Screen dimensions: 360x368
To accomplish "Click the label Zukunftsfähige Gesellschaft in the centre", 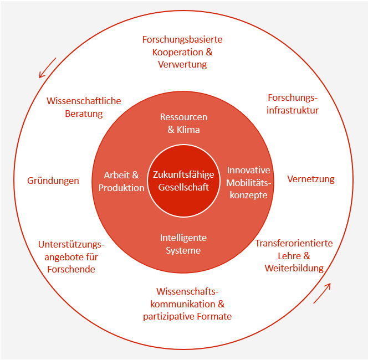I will point(183,181).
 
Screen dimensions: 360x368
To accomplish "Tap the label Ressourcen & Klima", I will point(183,123).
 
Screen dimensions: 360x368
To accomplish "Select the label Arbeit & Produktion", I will point(121,181).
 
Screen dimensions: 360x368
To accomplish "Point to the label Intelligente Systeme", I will point(183,244).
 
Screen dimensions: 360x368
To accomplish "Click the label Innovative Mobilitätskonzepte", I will point(248,182).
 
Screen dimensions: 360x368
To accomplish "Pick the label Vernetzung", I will point(311,179).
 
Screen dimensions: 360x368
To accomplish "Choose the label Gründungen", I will point(53,181).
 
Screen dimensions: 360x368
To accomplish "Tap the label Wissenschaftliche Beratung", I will point(84,107).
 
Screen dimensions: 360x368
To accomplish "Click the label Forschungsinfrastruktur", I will point(293,104).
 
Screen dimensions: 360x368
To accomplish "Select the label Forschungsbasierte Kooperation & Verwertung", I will point(182,52).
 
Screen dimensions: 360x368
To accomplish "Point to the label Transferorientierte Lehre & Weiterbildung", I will point(294,256).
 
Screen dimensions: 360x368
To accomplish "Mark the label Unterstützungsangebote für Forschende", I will point(71,256).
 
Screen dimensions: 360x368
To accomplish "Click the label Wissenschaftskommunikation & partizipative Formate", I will point(187,304).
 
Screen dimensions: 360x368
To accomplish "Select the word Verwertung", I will point(182,64).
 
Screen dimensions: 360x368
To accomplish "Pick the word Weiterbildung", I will point(294,269).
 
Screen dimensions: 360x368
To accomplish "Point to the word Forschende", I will point(71,269).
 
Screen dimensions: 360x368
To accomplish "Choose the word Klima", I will point(189,129).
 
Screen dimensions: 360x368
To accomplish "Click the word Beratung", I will point(84,114).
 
